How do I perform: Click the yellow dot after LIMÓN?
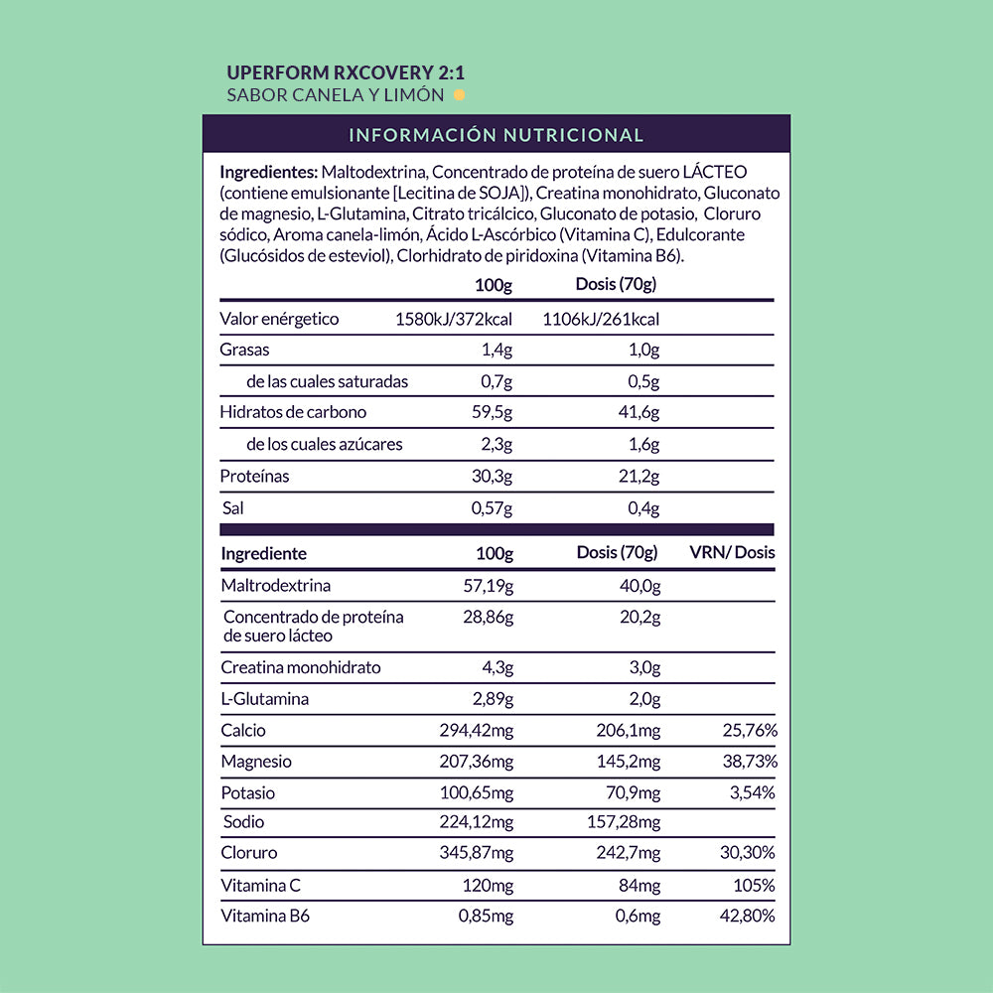point(459,96)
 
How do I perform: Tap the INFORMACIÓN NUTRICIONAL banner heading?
point(496,135)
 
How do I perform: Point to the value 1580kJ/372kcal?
point(454,319)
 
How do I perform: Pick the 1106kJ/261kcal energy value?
point(601,319)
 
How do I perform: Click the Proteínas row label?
point(254,477)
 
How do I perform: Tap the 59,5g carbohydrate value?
point(492,412)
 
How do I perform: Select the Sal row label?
point(231,508)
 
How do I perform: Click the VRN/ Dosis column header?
point(732,553)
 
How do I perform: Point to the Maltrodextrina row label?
point(275,585)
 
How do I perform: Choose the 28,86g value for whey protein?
point(489,617)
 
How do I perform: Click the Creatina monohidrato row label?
point(300,667)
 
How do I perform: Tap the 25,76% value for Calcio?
point(750,731)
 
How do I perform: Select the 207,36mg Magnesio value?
point(477,762)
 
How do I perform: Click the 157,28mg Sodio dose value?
point(624,822)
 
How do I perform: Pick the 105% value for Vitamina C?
point(758,885)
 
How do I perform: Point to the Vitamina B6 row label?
point(265,917)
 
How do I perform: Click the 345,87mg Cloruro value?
point(477,853)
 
